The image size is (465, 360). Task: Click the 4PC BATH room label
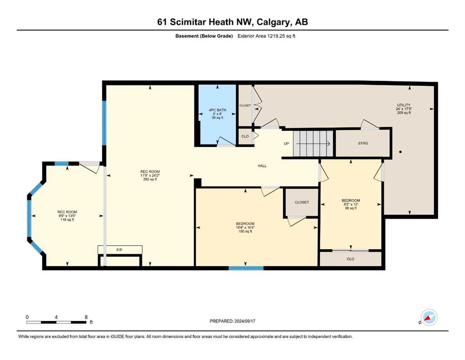coord(217,113)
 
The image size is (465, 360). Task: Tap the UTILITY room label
coord(404,109)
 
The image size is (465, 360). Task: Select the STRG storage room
coord(363,143)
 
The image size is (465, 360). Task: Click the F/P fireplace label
coord(119,250)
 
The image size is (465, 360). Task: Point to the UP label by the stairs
coord(286,143)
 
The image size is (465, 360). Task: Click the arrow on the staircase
coord(313,144)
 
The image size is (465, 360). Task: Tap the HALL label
coord(262,166)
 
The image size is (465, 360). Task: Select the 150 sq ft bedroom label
coord(245,227)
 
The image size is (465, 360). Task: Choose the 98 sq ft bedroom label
coord(351,204)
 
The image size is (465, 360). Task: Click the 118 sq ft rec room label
coord(67,216)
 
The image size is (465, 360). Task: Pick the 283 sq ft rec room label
coord(150,175)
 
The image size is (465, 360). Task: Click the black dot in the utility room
coord(400,152)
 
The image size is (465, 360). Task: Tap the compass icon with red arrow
coord(429,317)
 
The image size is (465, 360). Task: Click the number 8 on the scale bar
coord(86,317)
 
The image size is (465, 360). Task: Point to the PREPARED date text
coord(232,321)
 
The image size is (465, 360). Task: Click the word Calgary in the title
coord(274,22)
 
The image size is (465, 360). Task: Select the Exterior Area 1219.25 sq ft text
coord(266,36)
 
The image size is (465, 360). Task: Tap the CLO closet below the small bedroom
coord(351,259)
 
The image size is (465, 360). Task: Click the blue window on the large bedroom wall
coord(246,268)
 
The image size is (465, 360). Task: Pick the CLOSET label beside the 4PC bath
coord(245,105)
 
